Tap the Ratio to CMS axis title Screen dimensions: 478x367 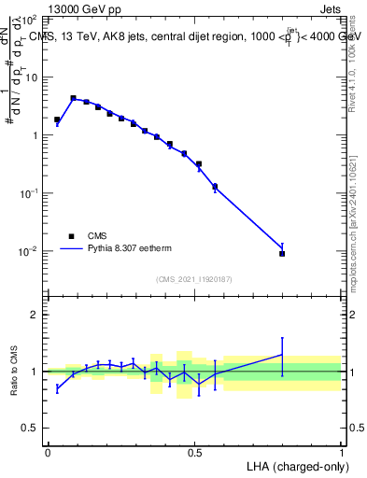(x=15, y=371)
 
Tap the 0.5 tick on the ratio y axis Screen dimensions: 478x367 (x=34, y=429)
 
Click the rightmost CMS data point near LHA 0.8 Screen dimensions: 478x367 (x=282, y=253)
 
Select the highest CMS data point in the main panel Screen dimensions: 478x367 (x=73, y=98)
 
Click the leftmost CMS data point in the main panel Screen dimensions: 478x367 (x=57, y=119)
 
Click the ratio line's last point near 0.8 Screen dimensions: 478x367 (x=282, y=354)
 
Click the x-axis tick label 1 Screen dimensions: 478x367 (x=342, y=452)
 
